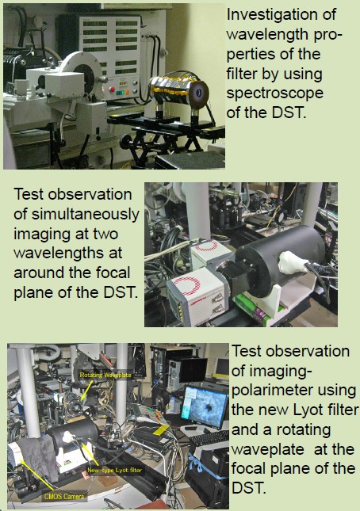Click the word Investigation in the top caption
tap(281, 15)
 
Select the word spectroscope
tap(275, 93)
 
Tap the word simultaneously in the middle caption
tap(86, 215)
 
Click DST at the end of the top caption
tap(289, 112)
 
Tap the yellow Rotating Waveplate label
tap(105, 375)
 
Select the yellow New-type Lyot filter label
tap(114, 470)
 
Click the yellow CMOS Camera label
tap(64, 497)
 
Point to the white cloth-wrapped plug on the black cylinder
tap(293, 261)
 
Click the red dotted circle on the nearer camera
tap(189, 286)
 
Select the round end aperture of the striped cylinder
tap(198, 91)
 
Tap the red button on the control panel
tap(113, 89)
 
